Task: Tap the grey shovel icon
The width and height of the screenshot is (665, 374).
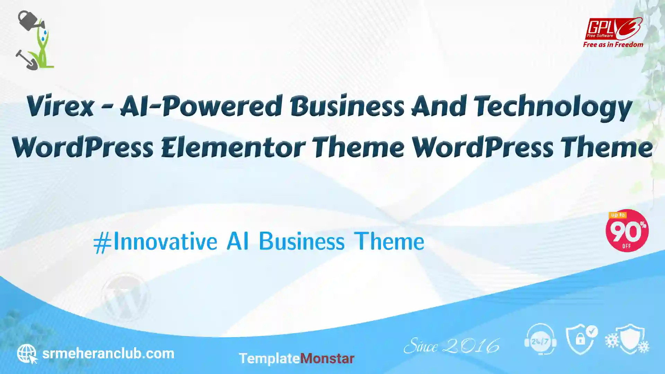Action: click(x=26, y=60)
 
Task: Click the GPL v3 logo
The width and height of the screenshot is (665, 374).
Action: click(x=613, y=29)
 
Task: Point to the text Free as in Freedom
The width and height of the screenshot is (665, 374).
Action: click(x=613, y=45)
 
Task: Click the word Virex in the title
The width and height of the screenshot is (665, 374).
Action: click(x=60, y=106)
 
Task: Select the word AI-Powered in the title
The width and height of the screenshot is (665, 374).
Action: click(x=201, y=106)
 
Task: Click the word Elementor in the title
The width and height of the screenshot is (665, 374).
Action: click(x=233, y=147)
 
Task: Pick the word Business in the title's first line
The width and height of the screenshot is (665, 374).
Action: click(x=347, y=106)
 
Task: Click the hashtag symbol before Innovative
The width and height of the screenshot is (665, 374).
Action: click(x=103, y=242)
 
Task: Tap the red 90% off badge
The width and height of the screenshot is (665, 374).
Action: click(x=627, y=231)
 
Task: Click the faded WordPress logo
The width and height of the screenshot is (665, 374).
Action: click(x=125, y=297)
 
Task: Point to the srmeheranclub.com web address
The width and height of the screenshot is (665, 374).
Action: click(x=108, y=354)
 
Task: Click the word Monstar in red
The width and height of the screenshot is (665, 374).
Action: click(x=327, y=358)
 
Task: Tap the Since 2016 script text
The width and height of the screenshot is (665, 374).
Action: click(x=452, y=346)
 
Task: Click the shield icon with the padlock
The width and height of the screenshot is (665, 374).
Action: click(x=582, y=339)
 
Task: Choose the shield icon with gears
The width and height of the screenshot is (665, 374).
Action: click(x=627, y=339)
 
